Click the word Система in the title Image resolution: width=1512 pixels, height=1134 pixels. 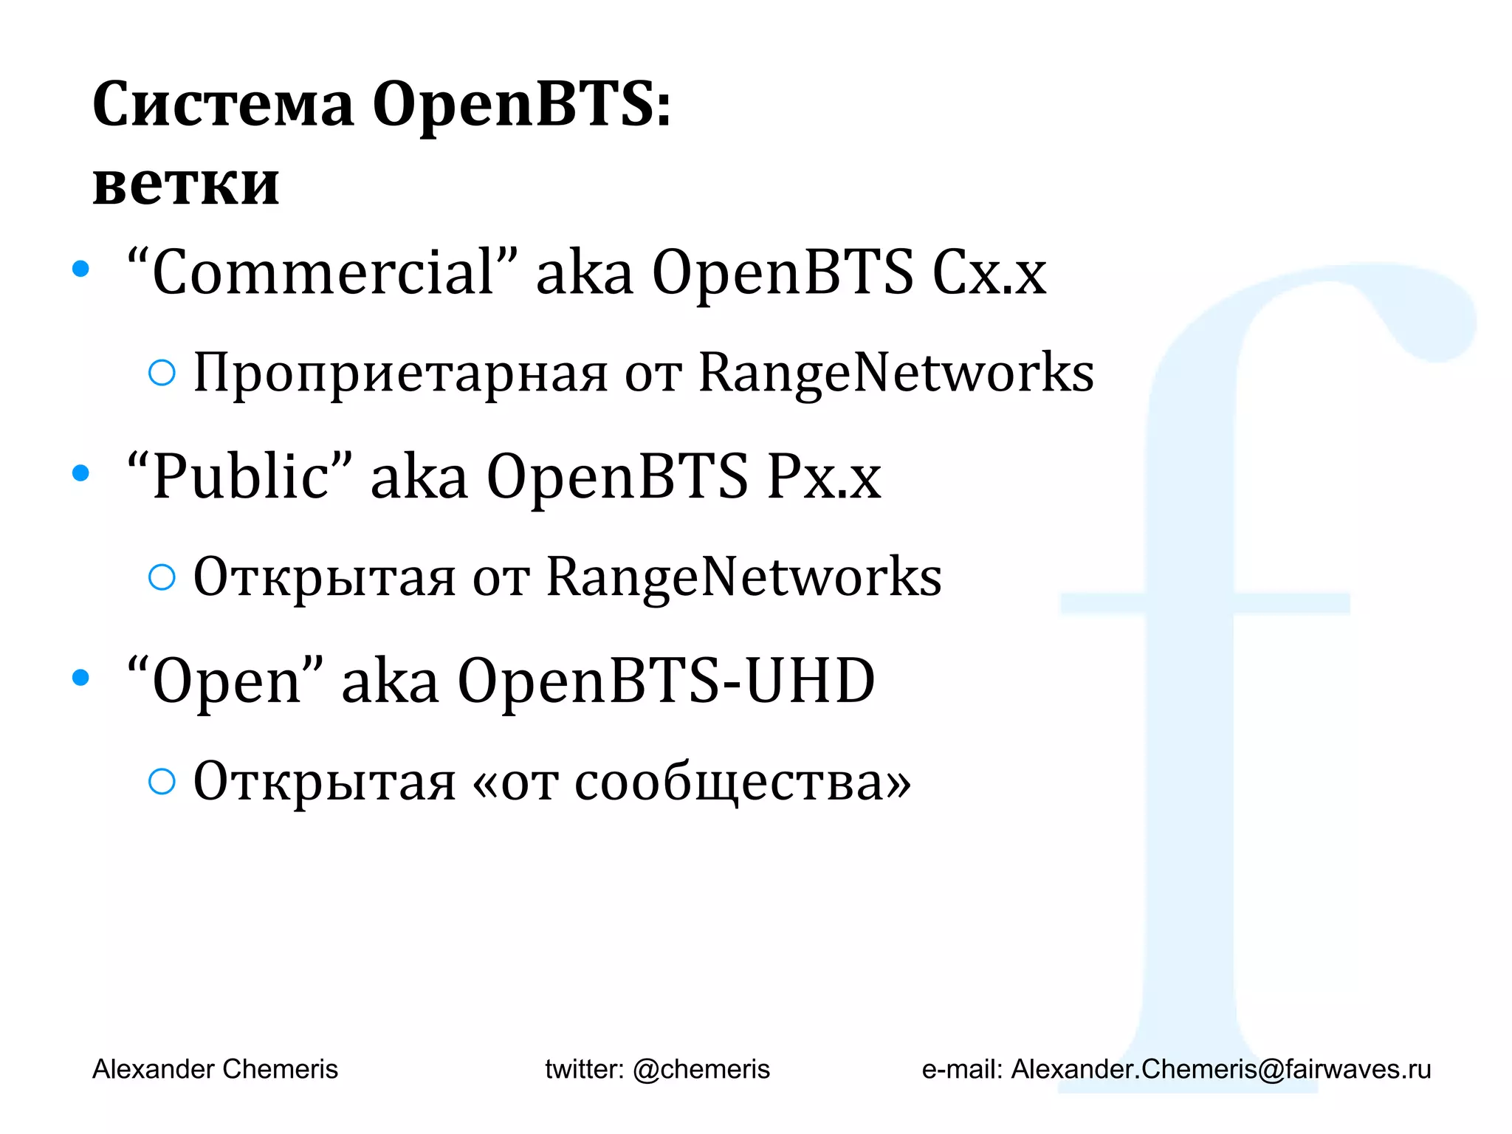coord(222,105)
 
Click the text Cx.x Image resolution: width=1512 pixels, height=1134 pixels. coord(989,273)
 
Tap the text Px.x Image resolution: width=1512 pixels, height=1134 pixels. coord(824,478)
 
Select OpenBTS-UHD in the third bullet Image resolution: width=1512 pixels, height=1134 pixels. coord(666,681)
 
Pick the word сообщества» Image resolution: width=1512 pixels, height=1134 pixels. coord(743,783)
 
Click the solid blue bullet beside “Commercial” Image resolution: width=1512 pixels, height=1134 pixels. coord(80,269)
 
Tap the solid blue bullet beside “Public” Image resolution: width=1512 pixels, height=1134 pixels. coord(80,473)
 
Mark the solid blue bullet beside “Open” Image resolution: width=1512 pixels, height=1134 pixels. coord(80,678)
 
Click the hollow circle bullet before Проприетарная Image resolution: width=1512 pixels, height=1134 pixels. coord(162,373)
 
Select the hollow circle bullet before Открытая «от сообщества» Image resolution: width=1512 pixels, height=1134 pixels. coord(162,781)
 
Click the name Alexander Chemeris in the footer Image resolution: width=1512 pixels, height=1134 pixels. coord(215,1069)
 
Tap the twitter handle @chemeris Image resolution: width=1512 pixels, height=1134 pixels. coord(701,1069)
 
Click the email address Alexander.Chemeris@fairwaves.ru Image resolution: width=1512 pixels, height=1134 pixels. coord(1220,1069)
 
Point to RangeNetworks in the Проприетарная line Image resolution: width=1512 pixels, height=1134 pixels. coord(896,373)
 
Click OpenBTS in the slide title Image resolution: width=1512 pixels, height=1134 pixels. coord(521,105)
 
